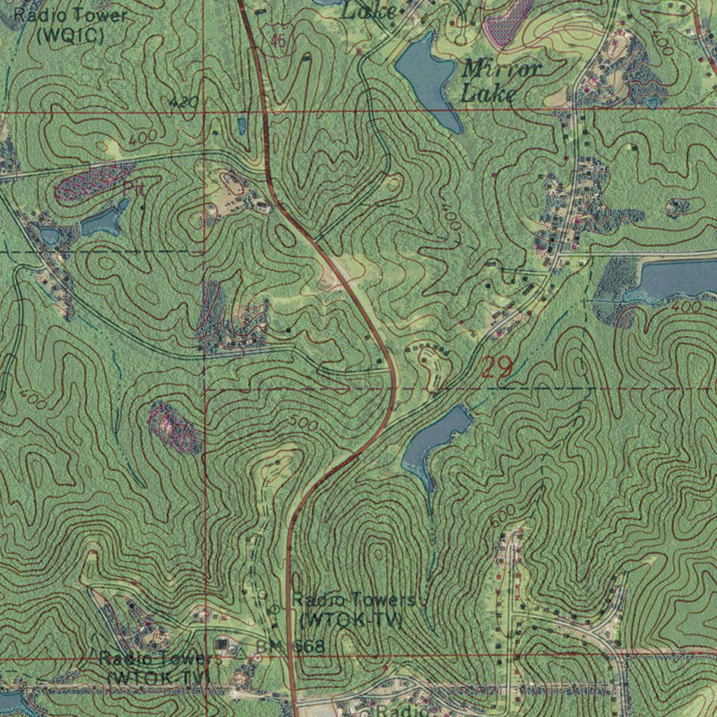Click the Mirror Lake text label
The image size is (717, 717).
click(x=501, y=80)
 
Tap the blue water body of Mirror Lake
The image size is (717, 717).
click(x=427, y=77)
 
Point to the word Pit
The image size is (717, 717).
click(x=133, y=188)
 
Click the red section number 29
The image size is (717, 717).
click(x=497, y=367)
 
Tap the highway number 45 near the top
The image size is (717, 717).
click(x=278, y=42)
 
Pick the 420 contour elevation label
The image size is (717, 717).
click(x=183, y=104)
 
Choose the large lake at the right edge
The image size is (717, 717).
click(x=676, y=279)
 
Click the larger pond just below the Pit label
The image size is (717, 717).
click(x=102, y=223)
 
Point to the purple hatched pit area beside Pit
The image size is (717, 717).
click(x=88, y=183)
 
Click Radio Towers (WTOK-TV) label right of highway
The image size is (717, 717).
click(x=354, y=610)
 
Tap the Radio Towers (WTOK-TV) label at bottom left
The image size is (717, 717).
click(x=160, y=668)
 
